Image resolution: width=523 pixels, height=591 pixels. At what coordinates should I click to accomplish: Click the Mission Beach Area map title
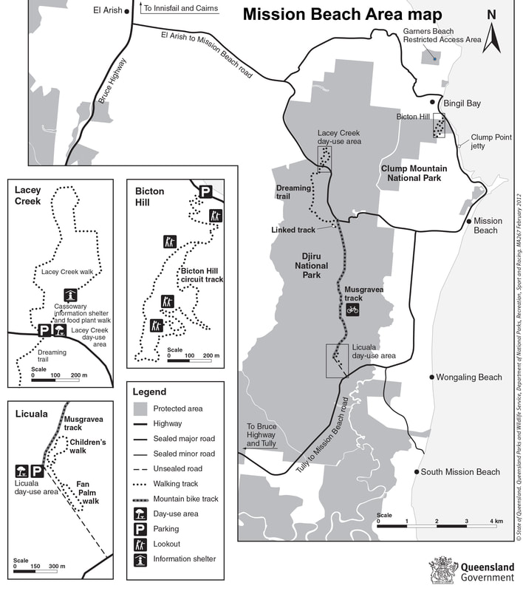click(x=342, y=15)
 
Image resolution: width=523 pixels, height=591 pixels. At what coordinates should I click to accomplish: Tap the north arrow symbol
click(x=492, y=33)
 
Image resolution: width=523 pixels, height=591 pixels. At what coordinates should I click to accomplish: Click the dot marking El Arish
click(x=127, y=11)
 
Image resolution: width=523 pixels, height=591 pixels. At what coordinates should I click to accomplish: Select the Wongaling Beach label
click(x=468, y=378)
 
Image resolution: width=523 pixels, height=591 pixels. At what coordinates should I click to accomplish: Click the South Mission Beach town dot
click(x=417, y=472)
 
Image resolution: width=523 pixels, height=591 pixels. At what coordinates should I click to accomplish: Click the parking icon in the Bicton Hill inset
click(x=205, y=192)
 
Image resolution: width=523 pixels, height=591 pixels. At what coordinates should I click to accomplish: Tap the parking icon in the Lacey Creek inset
click(x=44, y=330)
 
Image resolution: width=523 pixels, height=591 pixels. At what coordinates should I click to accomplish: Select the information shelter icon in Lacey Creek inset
click(x=69, y=294)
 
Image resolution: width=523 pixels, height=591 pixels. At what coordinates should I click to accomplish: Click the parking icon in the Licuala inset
click(x=36, y=471)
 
